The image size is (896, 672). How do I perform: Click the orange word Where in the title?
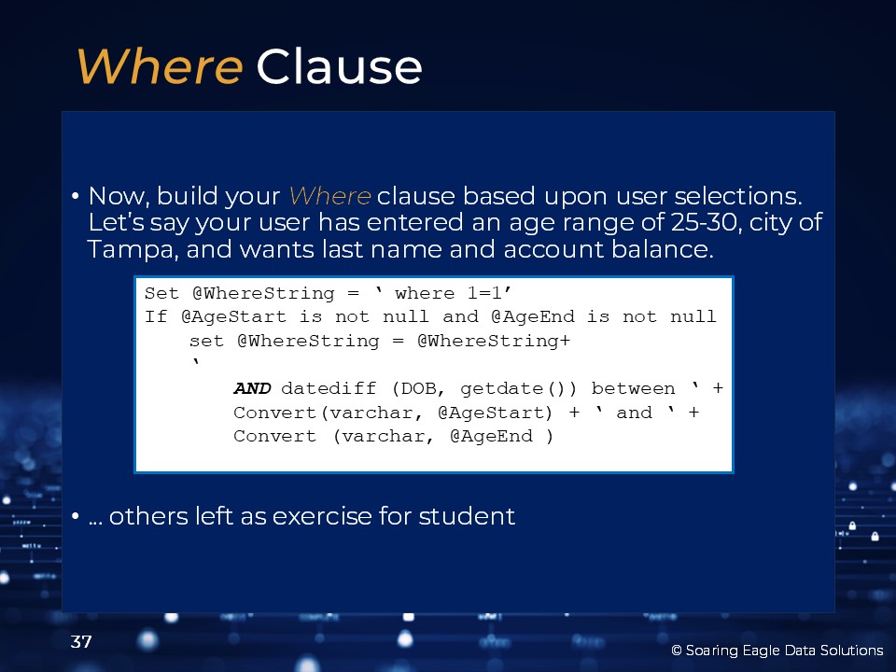pyautogui.click(x=160, y=66)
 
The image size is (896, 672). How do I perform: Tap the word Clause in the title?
pyautogui.click(x=340, y=66)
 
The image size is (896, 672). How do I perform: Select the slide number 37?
pyautogui.click(x=80, y=642)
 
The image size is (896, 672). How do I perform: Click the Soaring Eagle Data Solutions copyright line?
pyautogui.click(x=777, y=651)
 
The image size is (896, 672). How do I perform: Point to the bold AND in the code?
pyautogui.click(x=252, y=388)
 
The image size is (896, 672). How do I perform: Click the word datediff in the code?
pyautogui.click(x=329, y=388)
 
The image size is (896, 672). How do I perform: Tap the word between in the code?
pyautogui.click(x=633, y=388)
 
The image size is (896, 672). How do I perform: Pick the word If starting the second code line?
pyautogui.click(x=156, y=316)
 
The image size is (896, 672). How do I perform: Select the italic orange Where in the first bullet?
pyautogui.click(x=329, y=196)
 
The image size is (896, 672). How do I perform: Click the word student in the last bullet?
pyautogui.click(x=467, y=516)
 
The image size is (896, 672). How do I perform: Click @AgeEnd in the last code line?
pyautogui.click(x=492, y=437)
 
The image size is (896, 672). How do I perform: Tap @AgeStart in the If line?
pyautogui.click(x=233, y=316)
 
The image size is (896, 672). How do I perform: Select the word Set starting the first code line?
pyautogui.click(x=161, y=293)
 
